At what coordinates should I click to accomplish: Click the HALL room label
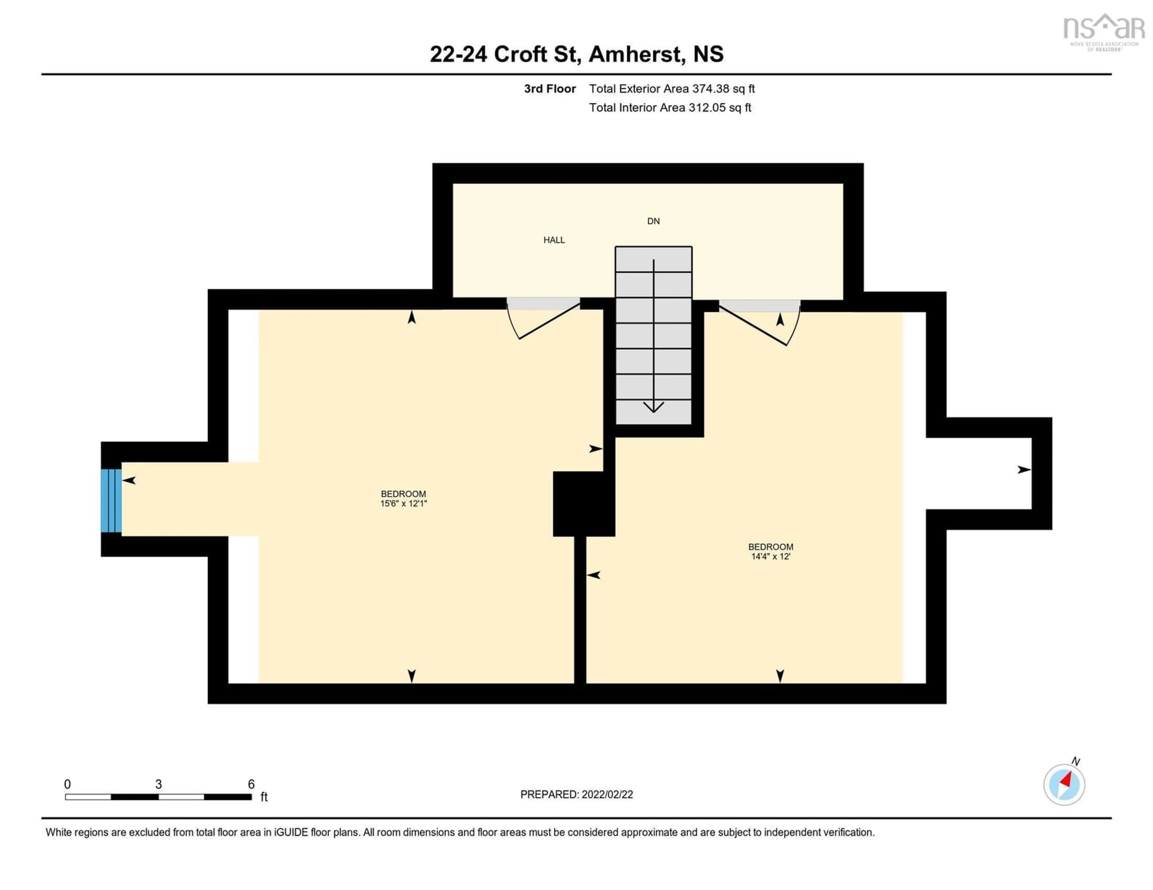pyautogui.click(x=554, y=240)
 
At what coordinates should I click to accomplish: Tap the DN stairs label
pyautogui.click(x=653, y=221)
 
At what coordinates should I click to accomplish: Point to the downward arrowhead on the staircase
pyautogui.click(x=654, y=407)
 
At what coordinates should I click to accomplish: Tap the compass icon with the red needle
pyautogui.click(x=1064, y=784)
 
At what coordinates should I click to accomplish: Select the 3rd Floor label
pyautogui.click(x=549, y=89)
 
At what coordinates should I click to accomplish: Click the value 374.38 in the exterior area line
pyautogui.click(x=710, y=89)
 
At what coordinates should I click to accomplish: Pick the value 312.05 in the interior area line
pyautogui.click(x=706, y=108)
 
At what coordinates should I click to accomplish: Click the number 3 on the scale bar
pyautogui.click(x=158, y=784)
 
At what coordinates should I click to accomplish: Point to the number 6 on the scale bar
pyautogui.click(x=251, y=784)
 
